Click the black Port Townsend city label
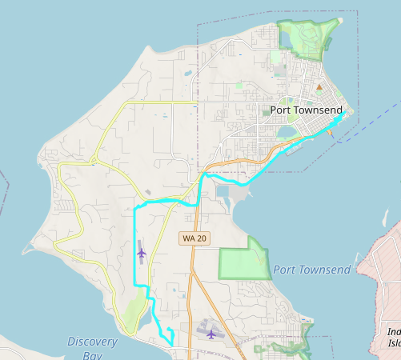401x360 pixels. click(306, 110)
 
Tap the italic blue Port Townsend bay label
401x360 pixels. click(311, 270)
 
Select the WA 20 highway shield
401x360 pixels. click(194, 238)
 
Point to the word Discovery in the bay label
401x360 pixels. click(93, 342)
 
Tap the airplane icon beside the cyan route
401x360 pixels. click(141, 253)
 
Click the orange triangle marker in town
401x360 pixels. click(319, 86)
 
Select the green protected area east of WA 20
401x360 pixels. click(244, 258)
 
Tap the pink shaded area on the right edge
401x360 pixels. click(384, 272)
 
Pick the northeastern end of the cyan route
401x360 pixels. click(345, 114)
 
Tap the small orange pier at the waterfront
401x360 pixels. click(331, 134)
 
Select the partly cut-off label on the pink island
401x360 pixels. click(393, 337)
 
